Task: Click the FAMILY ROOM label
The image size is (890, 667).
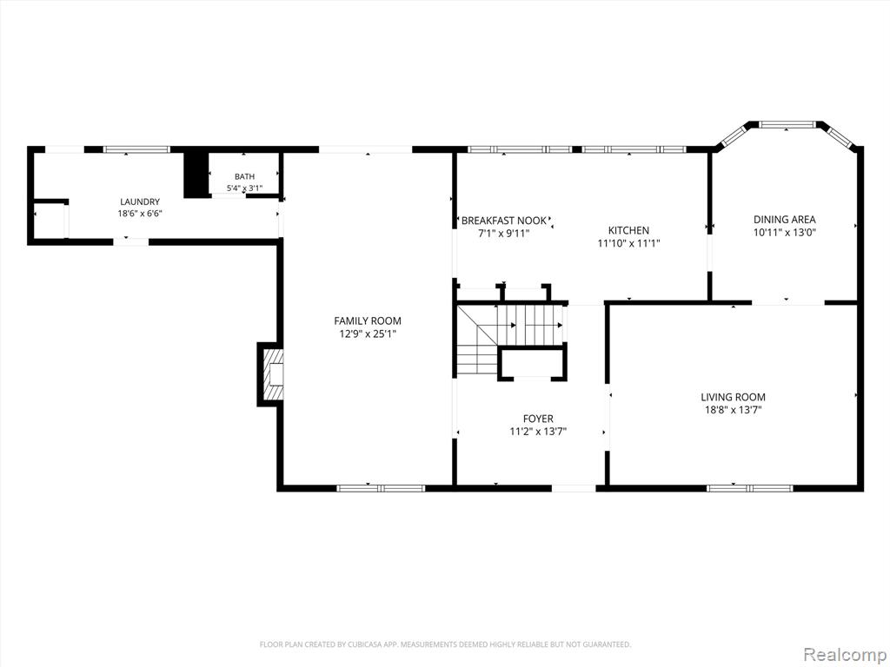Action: click(368, 321)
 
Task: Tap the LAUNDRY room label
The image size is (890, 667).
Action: click(140, 201)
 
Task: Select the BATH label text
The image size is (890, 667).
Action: click(244, 177)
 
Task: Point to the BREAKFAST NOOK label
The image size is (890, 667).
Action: click(503, 221)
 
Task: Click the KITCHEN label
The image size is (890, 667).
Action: click(628, 230)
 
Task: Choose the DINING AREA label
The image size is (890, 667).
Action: click(785, 220)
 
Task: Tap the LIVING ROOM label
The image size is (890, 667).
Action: click(733, 398)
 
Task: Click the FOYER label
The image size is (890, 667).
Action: click(538, 419)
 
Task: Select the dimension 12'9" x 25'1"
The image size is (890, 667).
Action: click(368, 334)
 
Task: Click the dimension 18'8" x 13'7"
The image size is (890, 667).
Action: click(733, 410)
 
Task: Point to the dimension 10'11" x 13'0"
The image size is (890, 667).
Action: click(785, 232)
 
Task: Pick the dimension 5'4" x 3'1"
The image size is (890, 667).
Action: click(244, 188)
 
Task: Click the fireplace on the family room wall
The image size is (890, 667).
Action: click(271, 374)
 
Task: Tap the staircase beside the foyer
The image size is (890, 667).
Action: click(511, 340)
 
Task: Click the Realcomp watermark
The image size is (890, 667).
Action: click(844, 655)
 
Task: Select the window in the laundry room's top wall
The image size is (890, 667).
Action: click(136, 149)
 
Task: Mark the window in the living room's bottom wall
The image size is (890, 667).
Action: click(750, 488)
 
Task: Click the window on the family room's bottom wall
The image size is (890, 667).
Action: click(381, 488)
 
